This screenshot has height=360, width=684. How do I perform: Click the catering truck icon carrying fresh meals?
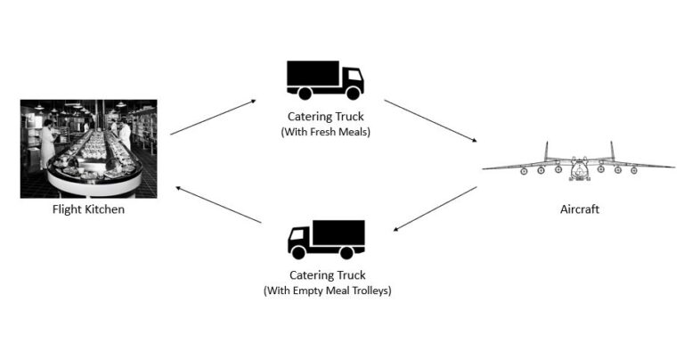click(325, 78)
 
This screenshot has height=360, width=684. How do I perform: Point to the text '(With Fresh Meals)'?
click(325, 132)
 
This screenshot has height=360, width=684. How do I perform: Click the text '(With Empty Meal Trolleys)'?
click(327, 291)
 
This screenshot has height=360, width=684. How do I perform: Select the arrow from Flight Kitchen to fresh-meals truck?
click(213, 117)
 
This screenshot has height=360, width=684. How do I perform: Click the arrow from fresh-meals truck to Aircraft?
click(430, 120)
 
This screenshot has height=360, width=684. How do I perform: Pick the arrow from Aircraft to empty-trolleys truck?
click(435, 209)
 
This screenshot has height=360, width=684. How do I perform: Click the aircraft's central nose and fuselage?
click(579, 168)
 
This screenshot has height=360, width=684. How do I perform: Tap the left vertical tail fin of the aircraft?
click(546, 151)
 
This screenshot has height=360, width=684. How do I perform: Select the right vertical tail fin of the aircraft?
click(612, 151)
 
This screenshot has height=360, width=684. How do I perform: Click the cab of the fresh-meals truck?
click(352, 81)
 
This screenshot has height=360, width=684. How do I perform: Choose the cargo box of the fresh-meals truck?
click(313, 74)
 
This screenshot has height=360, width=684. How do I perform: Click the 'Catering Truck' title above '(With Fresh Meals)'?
click(325, 117)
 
